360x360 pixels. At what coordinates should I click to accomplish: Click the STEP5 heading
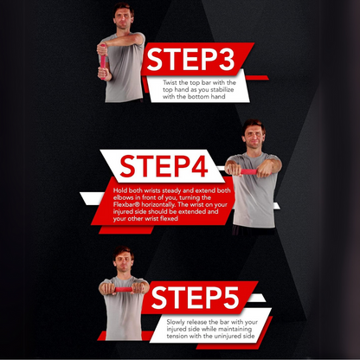(x=195, y=298)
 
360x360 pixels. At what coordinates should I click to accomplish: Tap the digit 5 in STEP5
(x=229, y=298)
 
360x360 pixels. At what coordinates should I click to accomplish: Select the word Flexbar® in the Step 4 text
(x=129, y=204)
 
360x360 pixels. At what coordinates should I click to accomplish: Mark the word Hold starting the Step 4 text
(x=123, y=190)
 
